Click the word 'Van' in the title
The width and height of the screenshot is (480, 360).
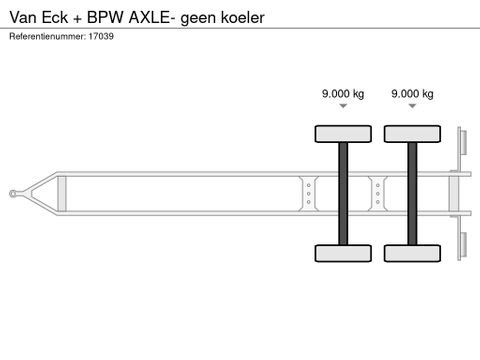pyautogui.click(x=22, y=17)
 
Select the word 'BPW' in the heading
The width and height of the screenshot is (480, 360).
pyautogui.click(x=105, y=17)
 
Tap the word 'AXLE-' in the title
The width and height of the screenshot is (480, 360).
pyautogui.click(x=152, y=17)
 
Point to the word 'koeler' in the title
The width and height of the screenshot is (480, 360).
pyautogui.click(x=243, y=17)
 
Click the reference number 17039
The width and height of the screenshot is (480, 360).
pyautogui.click(x=101, y=36)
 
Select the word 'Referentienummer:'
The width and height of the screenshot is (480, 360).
pyautogui.click(x=47, y=36)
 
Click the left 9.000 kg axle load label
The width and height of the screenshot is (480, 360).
pyautogui.click(x=343, y=94)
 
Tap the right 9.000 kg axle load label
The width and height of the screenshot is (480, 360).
pyautogui.click(x=412, y=94)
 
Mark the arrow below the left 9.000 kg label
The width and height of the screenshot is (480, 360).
pyautogui.click(x=343, y=106)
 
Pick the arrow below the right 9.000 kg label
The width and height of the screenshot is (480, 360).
pyautogui.click(x=412, y=106)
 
